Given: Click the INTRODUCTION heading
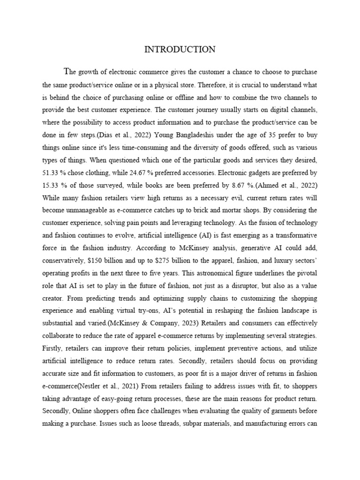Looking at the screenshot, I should point(180,49).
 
